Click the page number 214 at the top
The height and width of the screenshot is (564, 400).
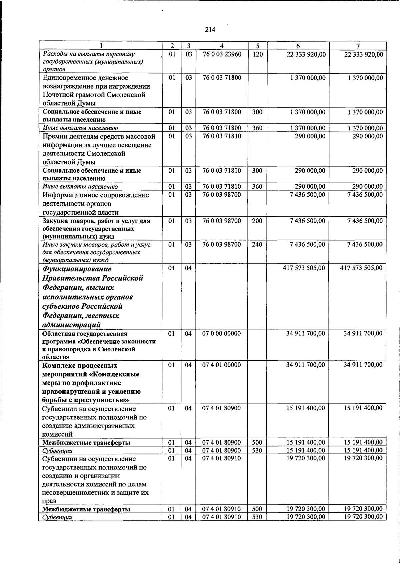pos(210,30)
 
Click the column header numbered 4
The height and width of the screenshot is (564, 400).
pos(222,46)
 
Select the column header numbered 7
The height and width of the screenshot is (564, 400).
pos(358,46)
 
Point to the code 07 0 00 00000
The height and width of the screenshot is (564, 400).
pos(222,333)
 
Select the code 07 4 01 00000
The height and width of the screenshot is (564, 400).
pos(222,365)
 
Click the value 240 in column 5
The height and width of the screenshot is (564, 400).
pos(257,245)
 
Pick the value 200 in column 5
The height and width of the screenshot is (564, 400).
pos(257,221)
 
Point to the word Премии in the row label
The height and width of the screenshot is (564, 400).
pos(54,136)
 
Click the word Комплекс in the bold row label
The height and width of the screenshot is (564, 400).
pos(58,366)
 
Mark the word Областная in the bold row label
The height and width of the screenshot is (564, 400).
pos(58,334)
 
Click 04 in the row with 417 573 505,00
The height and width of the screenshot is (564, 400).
pos(189,268)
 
